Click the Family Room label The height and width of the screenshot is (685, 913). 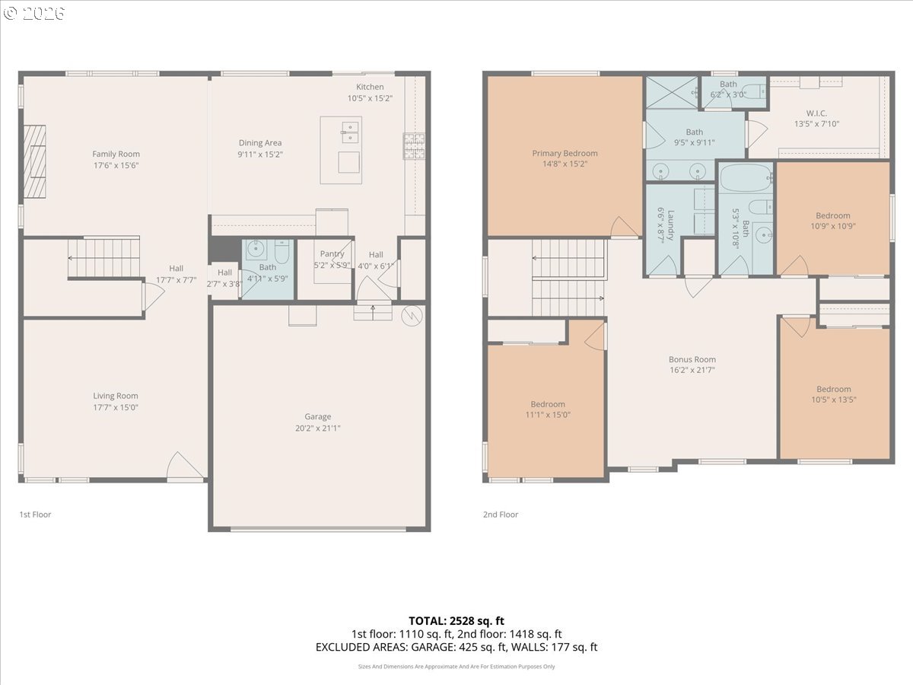click(x=116, y=154)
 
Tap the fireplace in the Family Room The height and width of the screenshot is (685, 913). click(x=34, y=161)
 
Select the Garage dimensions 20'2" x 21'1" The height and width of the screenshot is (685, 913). click(x=318, y=428)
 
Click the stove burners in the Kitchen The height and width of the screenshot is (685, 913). click(x=414, y=146)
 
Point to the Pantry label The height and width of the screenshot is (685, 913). click(x=332, y=253)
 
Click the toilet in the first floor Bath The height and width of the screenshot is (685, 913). click(x=282, y=251)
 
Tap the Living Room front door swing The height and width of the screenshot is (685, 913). click(x=185, y=465)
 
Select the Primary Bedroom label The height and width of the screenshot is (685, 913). click(x=565, y=153)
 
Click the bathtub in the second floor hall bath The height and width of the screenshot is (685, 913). click(x=746, y=178)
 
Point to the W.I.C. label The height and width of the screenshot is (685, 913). click(x=816, y=113)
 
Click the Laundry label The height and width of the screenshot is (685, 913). click(x=670, y=225)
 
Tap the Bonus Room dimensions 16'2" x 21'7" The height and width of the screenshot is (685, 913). click(x=692, y=370)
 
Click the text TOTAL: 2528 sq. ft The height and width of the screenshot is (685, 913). click(x=456, y=621)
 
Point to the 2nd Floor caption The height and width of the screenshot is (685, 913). click(x=501, y=515)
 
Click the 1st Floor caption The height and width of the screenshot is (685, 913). click(x=35, y=515)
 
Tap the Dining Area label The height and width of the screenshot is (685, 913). click(x=260, y=142)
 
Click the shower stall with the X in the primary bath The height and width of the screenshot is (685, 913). click(x=672, y=93)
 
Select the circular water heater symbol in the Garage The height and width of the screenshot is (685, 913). click(x=412, y=316)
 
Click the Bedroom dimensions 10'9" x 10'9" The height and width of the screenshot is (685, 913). click(x=832, y=226)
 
